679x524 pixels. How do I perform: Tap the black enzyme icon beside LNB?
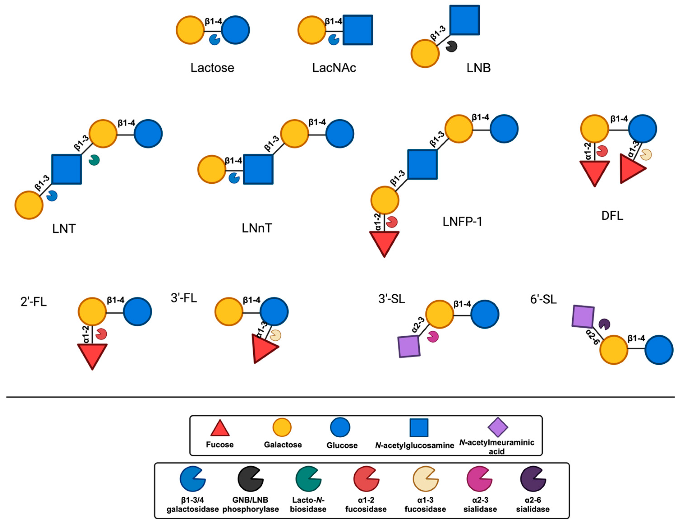coord(451,46)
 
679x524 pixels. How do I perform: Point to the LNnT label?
coord(257,228)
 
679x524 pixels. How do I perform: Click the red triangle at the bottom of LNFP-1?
coord(384,242)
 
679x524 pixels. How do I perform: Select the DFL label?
coord(612,216)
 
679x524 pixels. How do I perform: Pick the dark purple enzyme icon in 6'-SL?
coord(604,324)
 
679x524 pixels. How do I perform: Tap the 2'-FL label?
coord(34,302)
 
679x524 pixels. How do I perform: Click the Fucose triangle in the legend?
coord(220,429)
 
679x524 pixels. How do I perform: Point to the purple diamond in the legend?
coord(498,427)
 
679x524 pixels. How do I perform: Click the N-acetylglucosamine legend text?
coord(414,445)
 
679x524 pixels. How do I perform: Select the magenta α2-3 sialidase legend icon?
coord(479,479)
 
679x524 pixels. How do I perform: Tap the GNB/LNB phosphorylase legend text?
coord(251,504)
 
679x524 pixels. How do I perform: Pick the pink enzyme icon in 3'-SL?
coord(432,337)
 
